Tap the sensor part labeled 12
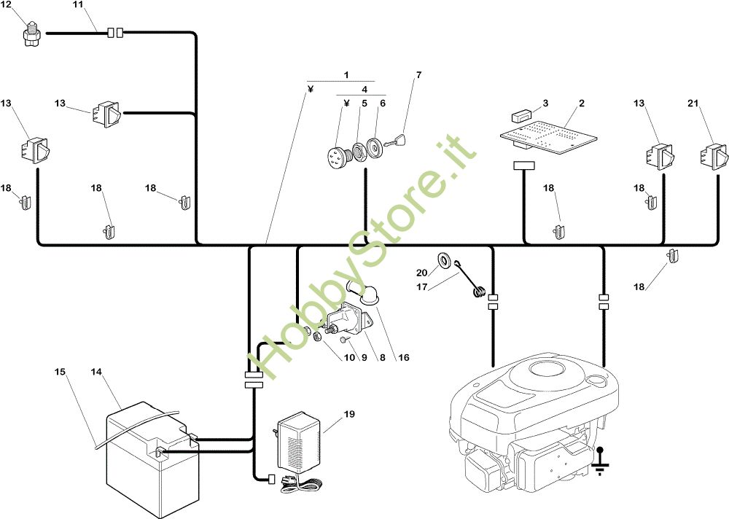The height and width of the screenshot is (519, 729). (32, 34)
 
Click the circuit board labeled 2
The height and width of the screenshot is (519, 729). (548, 135)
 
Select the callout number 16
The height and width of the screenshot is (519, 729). (404, 357)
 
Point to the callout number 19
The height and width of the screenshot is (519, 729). (349, 413)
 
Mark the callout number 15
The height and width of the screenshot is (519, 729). (60, 372)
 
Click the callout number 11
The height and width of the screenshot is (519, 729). (78, 4)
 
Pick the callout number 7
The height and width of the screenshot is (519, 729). (418, 74)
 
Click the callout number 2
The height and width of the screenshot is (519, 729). (582, 103)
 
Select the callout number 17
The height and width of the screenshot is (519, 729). (421, 287)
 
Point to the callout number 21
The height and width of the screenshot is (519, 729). (693, 103)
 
